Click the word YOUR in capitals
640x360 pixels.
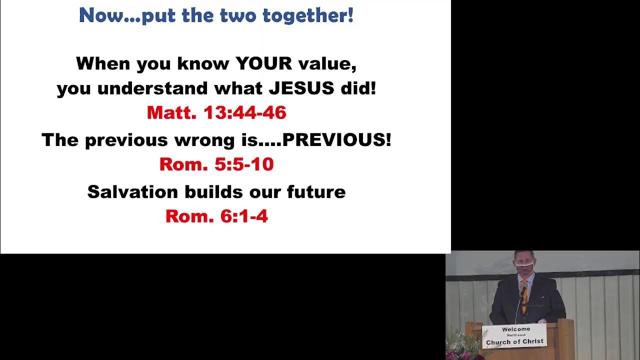[x=263, y=64]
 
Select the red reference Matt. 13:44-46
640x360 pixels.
[x=216, y=113]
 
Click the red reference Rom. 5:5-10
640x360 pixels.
[x=216, y=164]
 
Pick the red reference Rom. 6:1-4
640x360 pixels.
[x=216, y=216]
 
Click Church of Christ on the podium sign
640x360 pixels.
[x=514, y=342]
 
